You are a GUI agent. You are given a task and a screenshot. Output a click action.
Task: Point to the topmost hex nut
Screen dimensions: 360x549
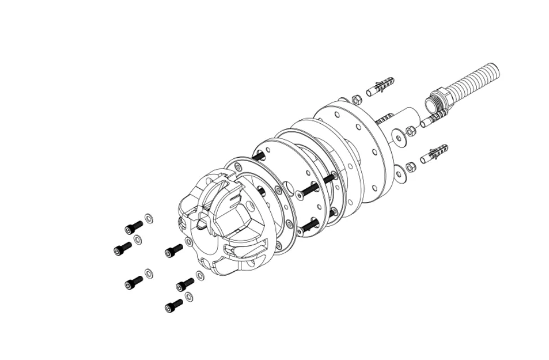click(357, 100)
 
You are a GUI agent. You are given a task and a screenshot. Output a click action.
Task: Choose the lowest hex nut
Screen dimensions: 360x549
click(412, 167)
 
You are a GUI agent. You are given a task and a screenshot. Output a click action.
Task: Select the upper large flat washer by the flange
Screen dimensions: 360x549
click(400, 138)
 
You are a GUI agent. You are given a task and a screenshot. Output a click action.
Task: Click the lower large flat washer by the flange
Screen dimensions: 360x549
click(400, 173)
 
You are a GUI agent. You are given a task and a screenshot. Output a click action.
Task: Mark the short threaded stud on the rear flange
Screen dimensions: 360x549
click(384, 119)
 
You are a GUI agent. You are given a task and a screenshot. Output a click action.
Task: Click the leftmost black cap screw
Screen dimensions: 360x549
click(122, 249)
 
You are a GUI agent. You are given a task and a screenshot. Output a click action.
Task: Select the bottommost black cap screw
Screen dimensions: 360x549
click(174, 306)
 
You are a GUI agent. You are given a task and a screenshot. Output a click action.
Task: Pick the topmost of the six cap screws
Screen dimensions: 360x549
click(133, 227)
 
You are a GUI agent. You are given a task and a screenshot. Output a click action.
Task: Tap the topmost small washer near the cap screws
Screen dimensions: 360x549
click(149, 218)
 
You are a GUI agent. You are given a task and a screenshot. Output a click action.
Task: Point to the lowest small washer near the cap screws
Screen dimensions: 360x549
click(189, 297)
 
